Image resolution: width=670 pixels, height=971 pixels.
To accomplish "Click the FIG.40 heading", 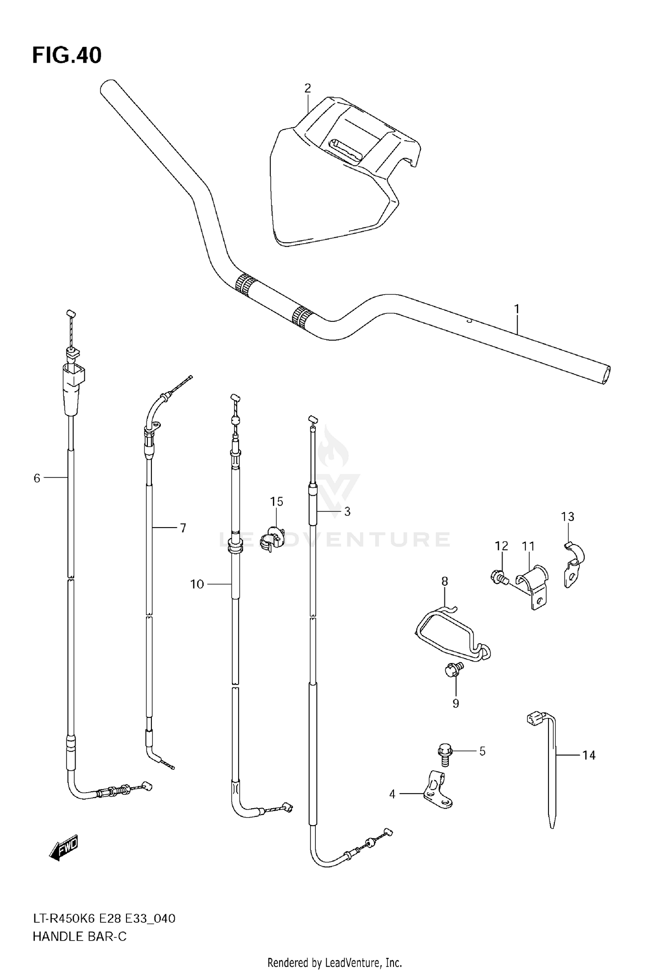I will pyautogui.click(x=67, y=56).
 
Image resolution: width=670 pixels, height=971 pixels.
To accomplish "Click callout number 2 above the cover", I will pyautogui.click(x=307, y=88).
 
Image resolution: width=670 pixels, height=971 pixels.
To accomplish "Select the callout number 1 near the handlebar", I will pyautogui.click(x=517, y=309).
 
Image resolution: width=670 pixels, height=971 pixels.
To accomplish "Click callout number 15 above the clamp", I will pyautogui.click(x=276, y=502).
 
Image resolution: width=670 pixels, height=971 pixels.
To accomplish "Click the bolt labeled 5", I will pyautogui.click(x=444, y=751).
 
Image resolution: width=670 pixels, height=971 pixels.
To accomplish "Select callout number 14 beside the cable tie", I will pyautogui.click(x=589, y=755).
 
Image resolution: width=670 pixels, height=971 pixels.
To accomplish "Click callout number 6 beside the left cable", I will pyautogui.click(x=37, y=478).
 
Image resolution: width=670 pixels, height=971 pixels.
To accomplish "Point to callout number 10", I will pyautogui.click(x=197, y=584).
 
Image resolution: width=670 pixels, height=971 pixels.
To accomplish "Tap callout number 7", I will pyautogui.click(x=183, y=528).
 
